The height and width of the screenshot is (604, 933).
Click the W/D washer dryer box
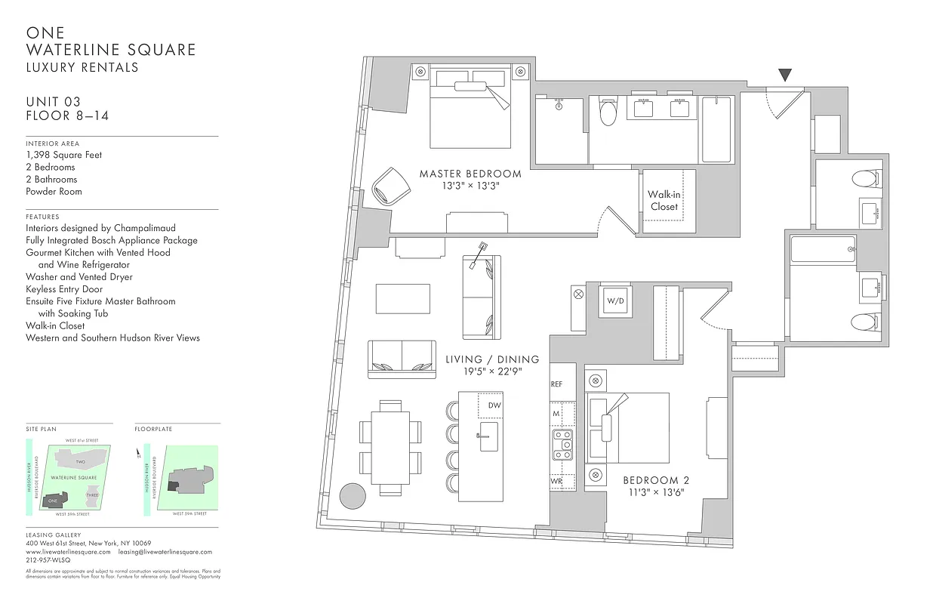(615, 301)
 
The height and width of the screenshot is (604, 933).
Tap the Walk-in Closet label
(664, 200)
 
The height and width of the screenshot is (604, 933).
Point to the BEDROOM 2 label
(656, 480)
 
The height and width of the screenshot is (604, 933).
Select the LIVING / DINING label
(492, 359)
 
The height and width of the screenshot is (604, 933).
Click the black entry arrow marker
(785, 75)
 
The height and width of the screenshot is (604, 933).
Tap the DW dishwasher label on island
(494, 405)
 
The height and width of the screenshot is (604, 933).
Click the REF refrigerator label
(557, 384)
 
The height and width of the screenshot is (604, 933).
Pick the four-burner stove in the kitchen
(562, 445)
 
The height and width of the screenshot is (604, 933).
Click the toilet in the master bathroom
(608, 113)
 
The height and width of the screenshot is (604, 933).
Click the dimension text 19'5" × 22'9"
(492, 371)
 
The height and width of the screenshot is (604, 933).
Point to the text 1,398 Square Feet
(64, 155)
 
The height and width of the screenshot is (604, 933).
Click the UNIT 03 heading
(53, 102)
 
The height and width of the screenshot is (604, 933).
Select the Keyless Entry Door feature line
(64, 288)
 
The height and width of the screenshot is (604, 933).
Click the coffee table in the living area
(403, 298)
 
